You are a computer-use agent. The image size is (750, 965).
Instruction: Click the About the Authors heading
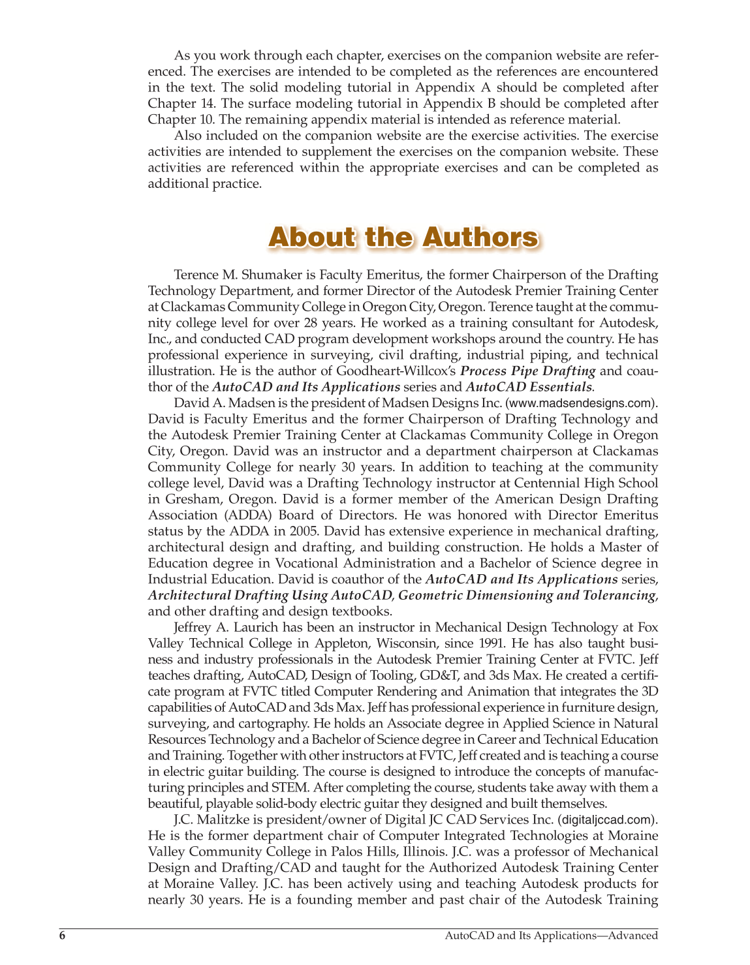click(x=403, y=237)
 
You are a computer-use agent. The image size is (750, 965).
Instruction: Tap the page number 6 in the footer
click(x=63, y=936)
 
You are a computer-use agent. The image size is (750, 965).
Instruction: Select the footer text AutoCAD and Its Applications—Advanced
click(x=551, y=936)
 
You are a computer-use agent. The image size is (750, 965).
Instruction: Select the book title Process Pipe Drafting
click(x=527, y=371)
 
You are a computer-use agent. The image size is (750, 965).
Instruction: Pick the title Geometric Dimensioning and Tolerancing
click(x=526, y=595)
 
